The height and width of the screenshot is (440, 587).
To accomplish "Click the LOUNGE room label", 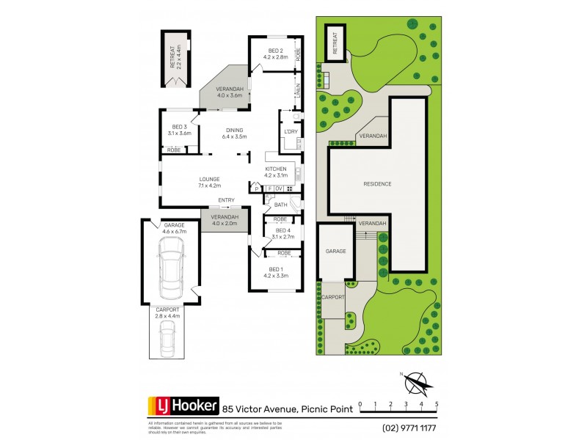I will click(x=209, y=178).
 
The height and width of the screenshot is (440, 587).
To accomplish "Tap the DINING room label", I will click(x=235, y=130).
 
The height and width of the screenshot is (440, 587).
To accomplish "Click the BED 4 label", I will click(x=279, y=230).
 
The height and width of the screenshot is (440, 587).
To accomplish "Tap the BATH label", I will click(x=280, y=205).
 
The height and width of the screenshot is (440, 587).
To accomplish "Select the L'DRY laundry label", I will click(x=288, y=131).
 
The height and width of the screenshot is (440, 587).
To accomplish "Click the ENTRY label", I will click(x=226, y=199).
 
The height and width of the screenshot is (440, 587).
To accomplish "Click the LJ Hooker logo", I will click(x=183, y=405).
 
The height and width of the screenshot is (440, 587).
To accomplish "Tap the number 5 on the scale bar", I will click(x=437, y=404).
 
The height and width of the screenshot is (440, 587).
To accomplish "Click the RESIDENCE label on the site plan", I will click(x=377, y=183).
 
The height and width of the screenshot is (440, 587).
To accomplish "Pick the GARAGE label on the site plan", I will click(x=335, y=252).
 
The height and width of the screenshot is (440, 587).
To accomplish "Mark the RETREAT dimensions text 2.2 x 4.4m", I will click(x=180, y=57).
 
